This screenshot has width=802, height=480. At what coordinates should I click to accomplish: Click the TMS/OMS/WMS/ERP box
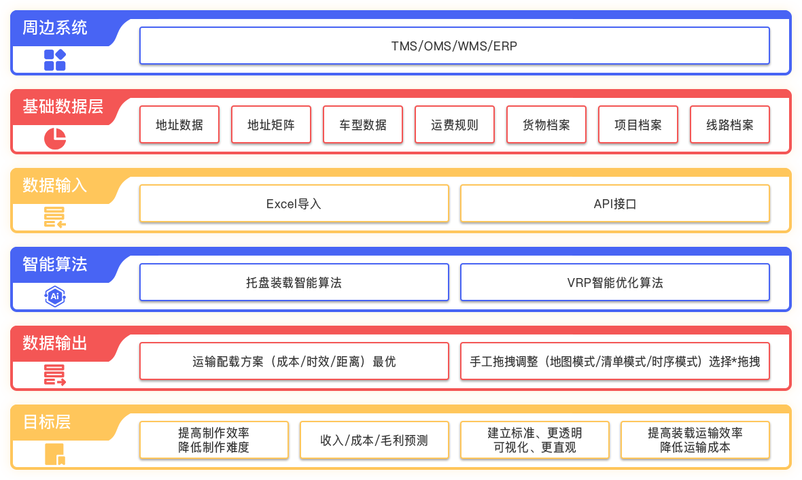tap(454, 46)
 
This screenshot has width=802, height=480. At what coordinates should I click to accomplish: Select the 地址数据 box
tap(179, 124)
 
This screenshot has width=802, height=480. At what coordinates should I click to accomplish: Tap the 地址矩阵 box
tap(271, 124)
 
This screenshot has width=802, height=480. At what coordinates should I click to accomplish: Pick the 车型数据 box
tap(363, 124)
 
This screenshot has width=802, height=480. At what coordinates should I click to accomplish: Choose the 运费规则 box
tap(455, 124)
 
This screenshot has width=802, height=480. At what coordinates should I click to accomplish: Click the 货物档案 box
tap(546, 124)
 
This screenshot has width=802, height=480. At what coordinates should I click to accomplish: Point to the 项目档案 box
tap(638, 124)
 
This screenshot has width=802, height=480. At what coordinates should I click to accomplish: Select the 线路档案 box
tap(730, 124)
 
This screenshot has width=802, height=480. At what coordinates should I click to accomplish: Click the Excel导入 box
tap(294, 203)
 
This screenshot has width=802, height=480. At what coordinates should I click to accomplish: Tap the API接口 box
tap(614, 203)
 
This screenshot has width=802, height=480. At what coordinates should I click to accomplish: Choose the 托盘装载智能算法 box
tap(294, 282)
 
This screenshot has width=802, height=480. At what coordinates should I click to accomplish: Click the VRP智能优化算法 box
tap(614, 282)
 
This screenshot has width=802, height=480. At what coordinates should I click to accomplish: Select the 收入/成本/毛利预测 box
tap(374, 440)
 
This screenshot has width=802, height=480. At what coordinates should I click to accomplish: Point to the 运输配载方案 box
tap(294, 361)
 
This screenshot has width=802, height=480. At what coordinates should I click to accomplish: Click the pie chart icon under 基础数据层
tap(55, 138)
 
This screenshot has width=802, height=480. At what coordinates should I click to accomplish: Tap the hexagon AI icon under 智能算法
tap(55, 296)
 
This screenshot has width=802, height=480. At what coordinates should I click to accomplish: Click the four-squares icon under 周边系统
tap(55, 60)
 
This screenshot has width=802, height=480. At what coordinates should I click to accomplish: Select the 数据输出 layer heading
tap(55, 343)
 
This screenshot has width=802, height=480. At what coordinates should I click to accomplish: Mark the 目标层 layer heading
tap(47, 422)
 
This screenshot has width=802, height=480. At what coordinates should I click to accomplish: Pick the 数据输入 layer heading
tap(55, 185)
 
